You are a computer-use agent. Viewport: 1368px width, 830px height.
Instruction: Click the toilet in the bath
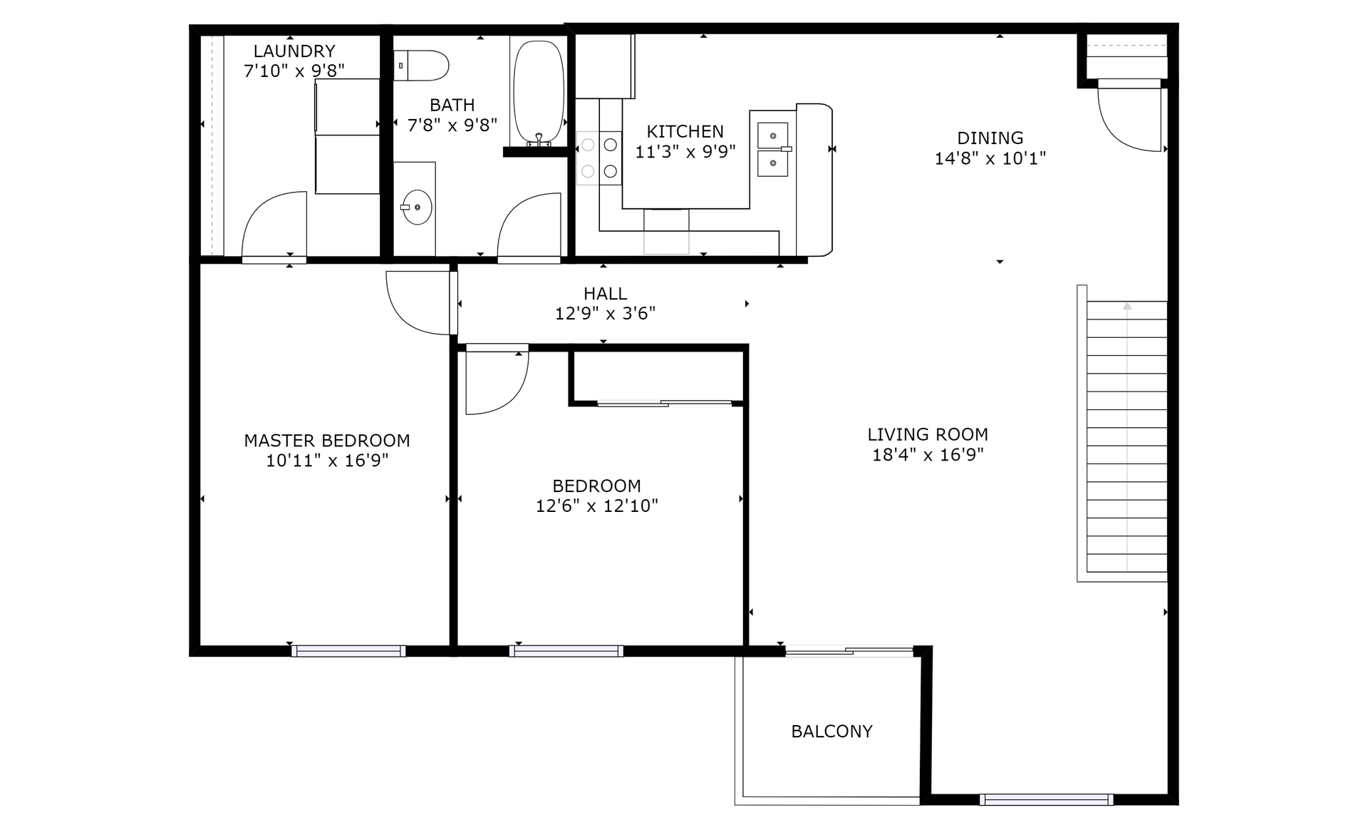pos(421,66)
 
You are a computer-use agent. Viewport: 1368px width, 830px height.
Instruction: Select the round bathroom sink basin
pos(416,207)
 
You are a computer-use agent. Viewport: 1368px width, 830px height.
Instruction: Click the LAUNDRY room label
pos(294,51)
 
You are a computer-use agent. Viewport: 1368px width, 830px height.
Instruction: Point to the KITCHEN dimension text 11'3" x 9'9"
pos(685,152)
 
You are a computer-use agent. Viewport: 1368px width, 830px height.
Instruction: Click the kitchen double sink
pos(773,149)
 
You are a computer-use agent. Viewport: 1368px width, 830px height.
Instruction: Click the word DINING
pos(990,138)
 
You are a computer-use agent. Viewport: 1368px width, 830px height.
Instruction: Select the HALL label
pos(606,294)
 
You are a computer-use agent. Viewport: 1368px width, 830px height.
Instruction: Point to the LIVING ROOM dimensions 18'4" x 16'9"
pos(928,455)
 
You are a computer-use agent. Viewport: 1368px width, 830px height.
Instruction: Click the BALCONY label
pos(832,732)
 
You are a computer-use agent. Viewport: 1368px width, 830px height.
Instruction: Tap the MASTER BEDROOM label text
pos(327,441)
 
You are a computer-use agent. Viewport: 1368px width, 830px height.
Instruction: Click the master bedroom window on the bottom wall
pos(348,651)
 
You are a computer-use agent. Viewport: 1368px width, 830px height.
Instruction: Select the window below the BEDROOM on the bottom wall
pos(566,651)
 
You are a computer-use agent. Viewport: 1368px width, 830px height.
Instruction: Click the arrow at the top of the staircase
pos(1127,307)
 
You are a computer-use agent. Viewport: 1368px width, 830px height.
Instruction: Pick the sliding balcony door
pos(849,650)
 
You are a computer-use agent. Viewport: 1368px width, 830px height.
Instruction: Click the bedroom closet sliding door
pos(665,404)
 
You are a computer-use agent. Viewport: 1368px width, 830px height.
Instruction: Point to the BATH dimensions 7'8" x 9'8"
pos(452,125)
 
